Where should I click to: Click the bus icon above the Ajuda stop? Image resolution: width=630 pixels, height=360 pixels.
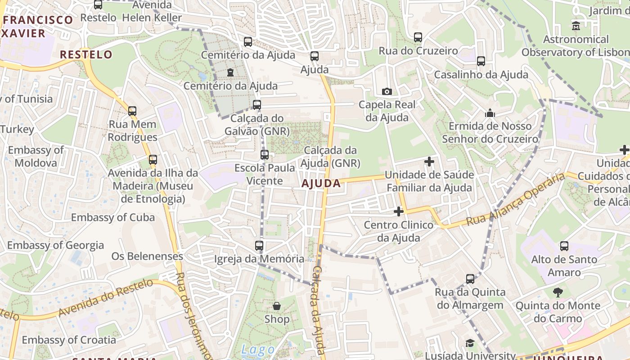pyautogui.click(x=314, y=56)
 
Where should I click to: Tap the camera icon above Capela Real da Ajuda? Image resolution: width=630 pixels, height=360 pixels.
pyautogui.click(x=387, y=91)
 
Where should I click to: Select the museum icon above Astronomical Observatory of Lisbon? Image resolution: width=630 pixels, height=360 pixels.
pyautogui.click(x=576, y=26)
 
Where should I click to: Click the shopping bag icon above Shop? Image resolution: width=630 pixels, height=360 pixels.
pyautogui.click(x=277, y=306)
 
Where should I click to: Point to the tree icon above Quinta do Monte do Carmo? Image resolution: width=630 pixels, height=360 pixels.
pyautogui.click(x=558, y=292)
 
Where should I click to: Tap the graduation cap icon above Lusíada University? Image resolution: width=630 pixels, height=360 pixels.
pyautogui.click(x=470, y=343)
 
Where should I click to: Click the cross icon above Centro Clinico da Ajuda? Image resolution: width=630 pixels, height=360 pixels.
pyautogui.click(x=398, y=211)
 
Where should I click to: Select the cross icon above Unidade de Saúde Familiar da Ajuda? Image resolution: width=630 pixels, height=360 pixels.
pyautogui.click(x=429, y=161)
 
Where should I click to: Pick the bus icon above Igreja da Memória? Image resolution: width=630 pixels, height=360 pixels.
pyautogui.click(x=259, y=246)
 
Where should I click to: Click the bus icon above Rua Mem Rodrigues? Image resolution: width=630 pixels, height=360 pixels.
pyautogui.click(x=132, y=111)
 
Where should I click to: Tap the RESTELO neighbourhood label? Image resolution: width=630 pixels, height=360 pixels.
pyautogui.click(x=86, y=54)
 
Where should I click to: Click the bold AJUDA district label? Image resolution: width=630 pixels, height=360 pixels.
pyautogui.click(x=321, y=183)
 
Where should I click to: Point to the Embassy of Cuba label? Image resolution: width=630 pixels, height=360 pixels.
pyautogui.click(x=112, y=217)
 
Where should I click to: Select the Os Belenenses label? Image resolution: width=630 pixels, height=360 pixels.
pyautogui.click(x=147, y=256)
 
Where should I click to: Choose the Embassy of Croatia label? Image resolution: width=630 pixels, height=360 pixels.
pyautogui.click(x=68, y=340)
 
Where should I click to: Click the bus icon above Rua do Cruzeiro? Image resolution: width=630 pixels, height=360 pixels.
pyautogui.click(x=418, y=37)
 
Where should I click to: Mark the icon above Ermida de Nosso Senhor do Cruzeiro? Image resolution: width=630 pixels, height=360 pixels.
pyautogui.click(x=490, y=113)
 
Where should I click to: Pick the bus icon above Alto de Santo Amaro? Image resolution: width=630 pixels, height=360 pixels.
pyautogui.click(x=564, y=246)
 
